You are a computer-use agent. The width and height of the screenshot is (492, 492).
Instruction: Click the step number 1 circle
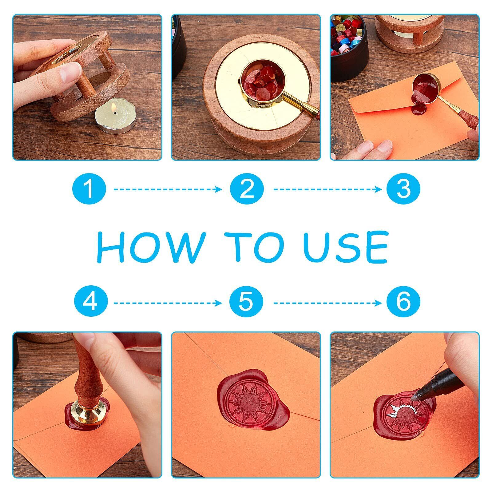point(89,189)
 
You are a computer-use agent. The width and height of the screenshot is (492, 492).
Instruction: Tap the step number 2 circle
point(247,189)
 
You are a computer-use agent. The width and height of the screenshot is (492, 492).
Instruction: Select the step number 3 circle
point(403,189)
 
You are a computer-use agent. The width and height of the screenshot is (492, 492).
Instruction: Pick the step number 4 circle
point(91,303)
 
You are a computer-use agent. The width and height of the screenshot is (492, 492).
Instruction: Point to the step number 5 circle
point(246,303)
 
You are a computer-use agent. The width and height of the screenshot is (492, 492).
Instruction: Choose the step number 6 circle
point(403,303)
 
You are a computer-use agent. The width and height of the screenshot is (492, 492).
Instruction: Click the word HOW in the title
point(151,247)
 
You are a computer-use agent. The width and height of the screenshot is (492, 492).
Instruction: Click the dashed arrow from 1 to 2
point(168,189)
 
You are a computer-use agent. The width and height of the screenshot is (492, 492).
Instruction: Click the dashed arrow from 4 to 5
point(168,303)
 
